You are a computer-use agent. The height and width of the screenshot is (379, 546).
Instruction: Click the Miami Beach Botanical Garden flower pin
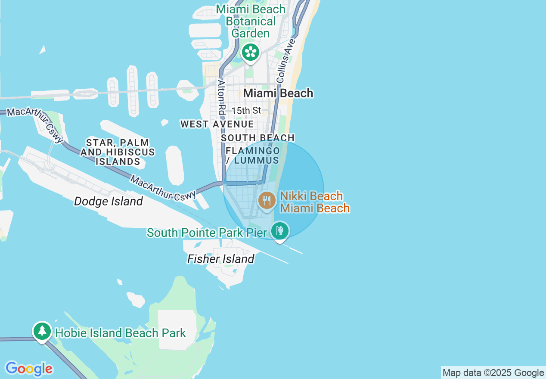250,52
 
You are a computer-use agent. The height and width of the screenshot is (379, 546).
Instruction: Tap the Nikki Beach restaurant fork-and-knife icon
267,200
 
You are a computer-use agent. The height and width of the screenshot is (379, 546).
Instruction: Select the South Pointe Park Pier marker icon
280,231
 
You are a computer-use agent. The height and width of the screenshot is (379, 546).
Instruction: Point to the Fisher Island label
220,259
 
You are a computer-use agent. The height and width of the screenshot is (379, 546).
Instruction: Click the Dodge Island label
108,201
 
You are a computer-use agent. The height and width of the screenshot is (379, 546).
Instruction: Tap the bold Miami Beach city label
278,93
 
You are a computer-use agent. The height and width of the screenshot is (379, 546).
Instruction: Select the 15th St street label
246,111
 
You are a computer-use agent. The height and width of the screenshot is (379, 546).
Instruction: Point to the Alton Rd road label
221,97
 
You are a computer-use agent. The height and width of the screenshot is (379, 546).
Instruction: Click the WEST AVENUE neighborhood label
217,124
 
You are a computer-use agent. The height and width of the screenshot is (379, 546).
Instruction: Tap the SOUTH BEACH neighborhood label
257,138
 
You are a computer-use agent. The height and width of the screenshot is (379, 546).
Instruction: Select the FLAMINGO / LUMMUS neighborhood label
253,156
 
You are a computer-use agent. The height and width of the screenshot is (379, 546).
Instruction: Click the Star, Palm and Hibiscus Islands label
118,152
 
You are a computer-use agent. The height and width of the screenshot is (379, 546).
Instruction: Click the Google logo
29,369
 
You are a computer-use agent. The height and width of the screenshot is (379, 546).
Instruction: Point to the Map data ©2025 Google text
493,373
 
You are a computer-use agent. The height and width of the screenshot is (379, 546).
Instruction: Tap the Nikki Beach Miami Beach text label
315,202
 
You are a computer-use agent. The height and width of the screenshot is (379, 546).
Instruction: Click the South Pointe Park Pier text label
207,233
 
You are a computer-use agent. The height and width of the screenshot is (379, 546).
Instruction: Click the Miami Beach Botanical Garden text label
251,21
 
